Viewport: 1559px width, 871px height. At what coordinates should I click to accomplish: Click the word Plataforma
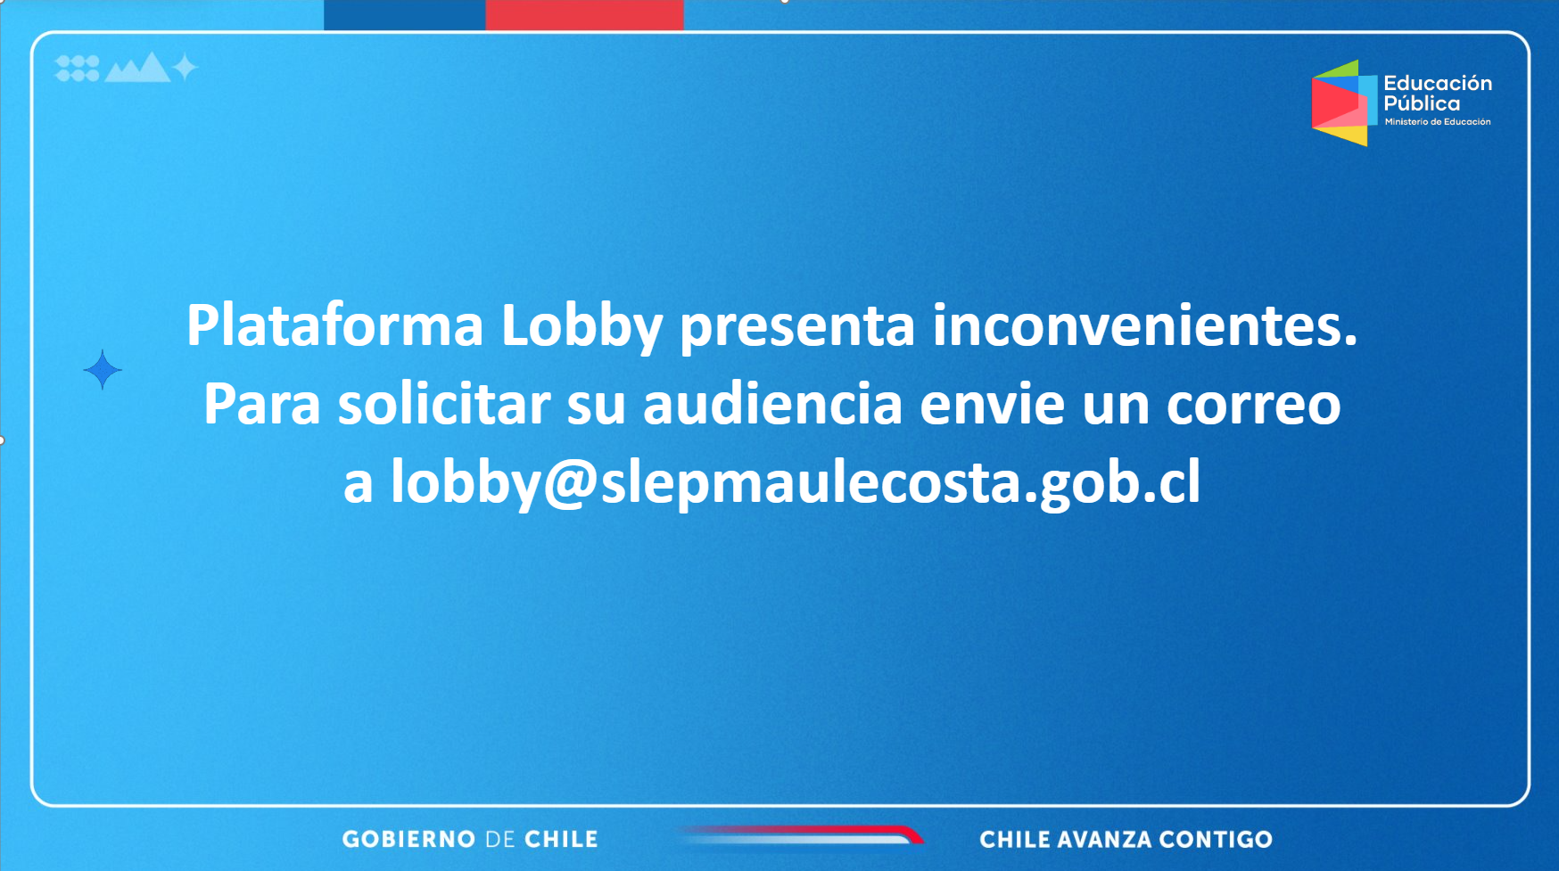(334, 325)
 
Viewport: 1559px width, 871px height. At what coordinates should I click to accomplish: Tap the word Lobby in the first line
(582, 327)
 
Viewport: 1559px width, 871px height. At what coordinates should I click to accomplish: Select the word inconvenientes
(1144, 325)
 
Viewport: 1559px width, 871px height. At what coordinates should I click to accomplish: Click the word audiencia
(772, 405)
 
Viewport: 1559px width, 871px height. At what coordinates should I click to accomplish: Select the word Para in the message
(261, 405)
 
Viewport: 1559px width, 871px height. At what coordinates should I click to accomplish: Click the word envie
(992, 405)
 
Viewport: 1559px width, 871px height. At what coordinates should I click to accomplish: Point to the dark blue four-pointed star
(103, 369)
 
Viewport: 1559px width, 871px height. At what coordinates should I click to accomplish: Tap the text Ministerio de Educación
(1438, 122)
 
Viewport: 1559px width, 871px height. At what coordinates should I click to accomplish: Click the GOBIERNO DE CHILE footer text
(470, 839)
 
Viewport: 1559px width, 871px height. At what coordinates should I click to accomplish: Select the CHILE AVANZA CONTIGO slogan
(1126, 839)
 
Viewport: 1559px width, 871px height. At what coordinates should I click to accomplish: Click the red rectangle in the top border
(585, 15)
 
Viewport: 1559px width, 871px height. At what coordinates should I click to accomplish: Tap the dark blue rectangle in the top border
(405, 15)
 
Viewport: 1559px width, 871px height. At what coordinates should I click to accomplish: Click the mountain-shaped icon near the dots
(138, 68)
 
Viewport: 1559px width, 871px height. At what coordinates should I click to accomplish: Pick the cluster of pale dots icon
(78, 68)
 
